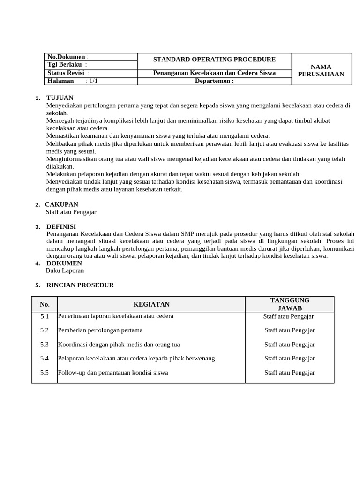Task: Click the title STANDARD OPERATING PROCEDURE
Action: (x=214, y=60)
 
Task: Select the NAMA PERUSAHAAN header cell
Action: (x=321, y=70)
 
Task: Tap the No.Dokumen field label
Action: (x=66, y=57)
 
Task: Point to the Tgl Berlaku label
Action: (x=65, y=64)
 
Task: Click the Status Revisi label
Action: (x=66, y=73)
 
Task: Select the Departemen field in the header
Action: (x=214, y=81)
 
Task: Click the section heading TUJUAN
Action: (x=60, y=97)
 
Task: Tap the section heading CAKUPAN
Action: (x=61, y=204)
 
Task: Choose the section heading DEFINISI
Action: (x=61, y=226)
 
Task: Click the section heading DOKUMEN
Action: (x=64, y=263)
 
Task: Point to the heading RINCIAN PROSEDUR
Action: (x=80, y=285)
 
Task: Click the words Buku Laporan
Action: (x=65, y=270)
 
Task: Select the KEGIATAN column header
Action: (x=151, y=304)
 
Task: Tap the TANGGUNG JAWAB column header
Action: (x=290, y=304)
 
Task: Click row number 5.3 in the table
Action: (x=45, y=345)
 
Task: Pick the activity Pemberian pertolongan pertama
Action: (x=100, y=330)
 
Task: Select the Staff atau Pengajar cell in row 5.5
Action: (x=289, y=373)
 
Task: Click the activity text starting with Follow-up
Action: (x=112, y=373)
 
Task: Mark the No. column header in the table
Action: (x=45, y=304)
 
